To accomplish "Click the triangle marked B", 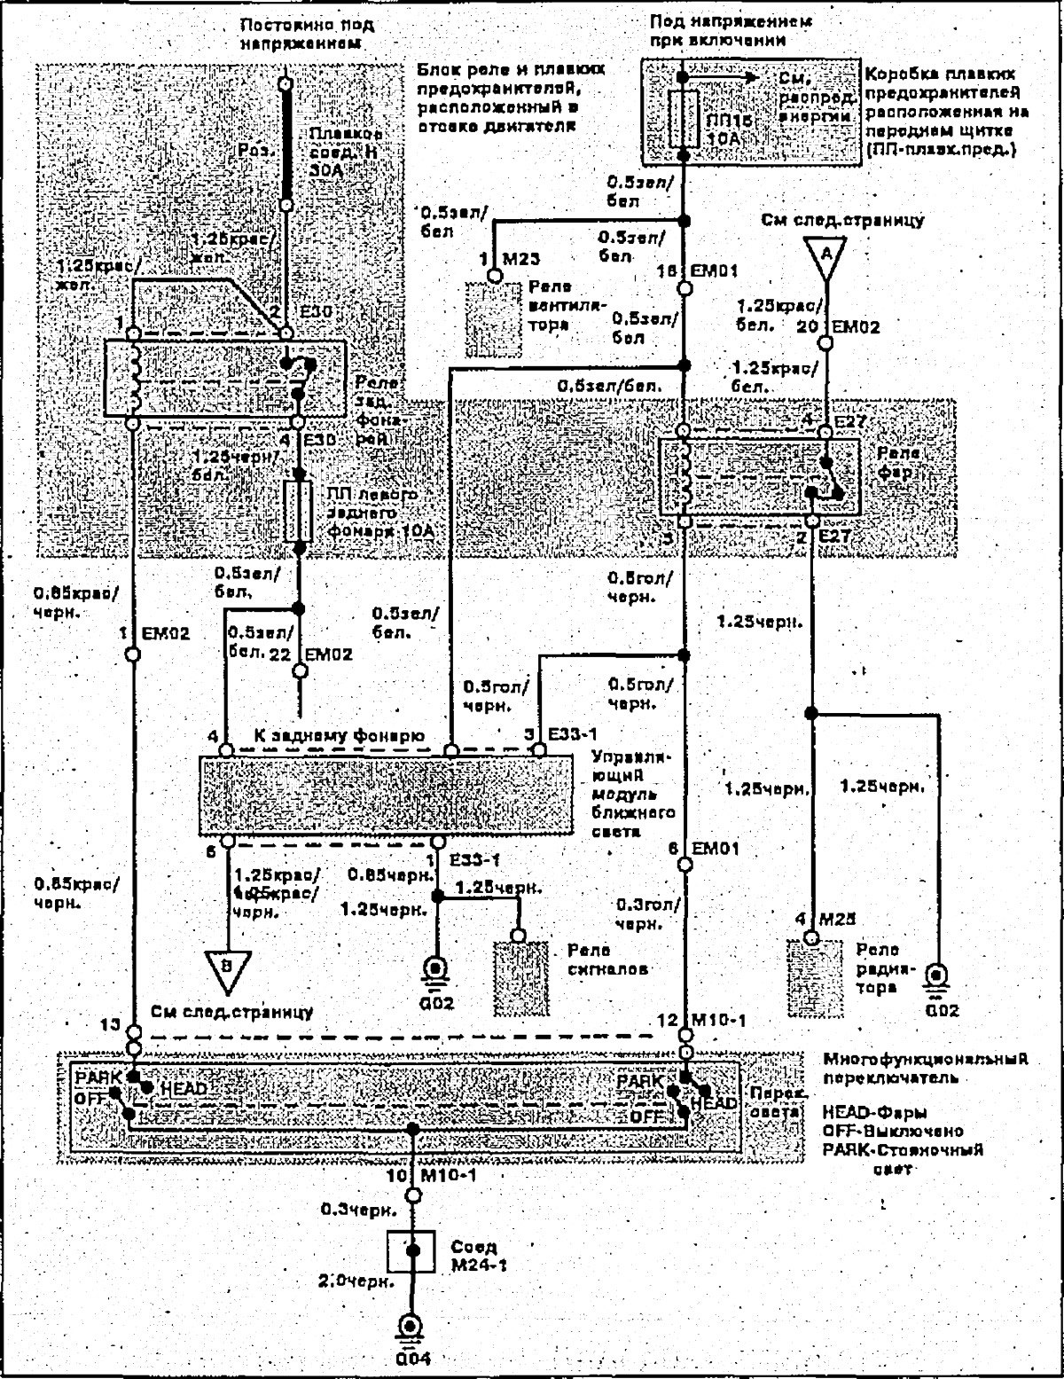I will pos(227,965).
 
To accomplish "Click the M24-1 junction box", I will pos(411,1250).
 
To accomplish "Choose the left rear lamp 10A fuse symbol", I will pos(299,512).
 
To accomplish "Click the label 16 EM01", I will pos(702,271).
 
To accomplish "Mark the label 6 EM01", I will pos(703,849).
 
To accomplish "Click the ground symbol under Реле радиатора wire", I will pos(935,980).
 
